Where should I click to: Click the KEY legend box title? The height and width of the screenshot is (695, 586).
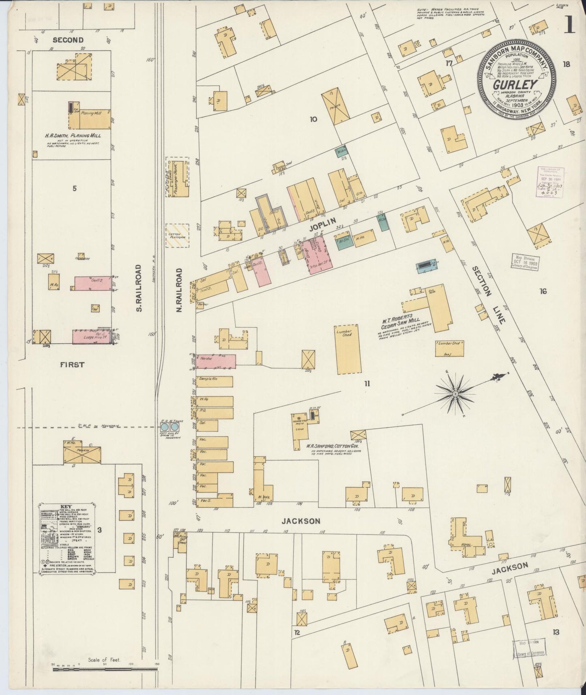pyautogui.click(x=66, y=506)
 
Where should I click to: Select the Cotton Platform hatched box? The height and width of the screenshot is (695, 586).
pyautogui.click(x=177, y=235)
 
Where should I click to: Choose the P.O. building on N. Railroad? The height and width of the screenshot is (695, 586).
pyautogui.click(x=215, y=413)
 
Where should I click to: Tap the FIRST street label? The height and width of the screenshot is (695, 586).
pyautogui.click(x=72, y=365)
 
